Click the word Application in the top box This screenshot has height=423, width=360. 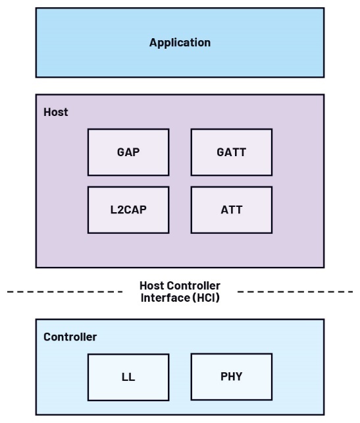click(x=180, y=43)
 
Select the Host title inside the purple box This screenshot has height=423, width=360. click(x=55, y=112)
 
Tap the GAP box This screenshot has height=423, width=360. click(x=128, y=152)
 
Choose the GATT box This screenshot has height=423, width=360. click(x=231, y=152)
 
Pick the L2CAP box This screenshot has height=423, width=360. click(x=128, y=210)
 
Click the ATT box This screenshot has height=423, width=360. click(x=231, y=210)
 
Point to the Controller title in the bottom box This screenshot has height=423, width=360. click(x=70, y=337)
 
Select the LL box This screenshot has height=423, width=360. click(x=128, y=378)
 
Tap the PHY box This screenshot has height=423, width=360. click(x=231, y=377)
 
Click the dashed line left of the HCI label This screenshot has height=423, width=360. click(x=66, y=291)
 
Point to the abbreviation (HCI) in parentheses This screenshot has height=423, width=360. click(x=205, y=297)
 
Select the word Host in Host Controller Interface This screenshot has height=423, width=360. click(x=151, y=286)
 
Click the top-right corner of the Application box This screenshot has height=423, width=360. click(x=324, y=8)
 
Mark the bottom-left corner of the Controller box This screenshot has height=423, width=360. click(x=36, y=414)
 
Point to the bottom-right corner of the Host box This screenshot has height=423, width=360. click(x=324, y=268)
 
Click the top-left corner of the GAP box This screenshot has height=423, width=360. click(x=88, y=129)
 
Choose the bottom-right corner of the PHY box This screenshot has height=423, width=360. click(x=272, y=400)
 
